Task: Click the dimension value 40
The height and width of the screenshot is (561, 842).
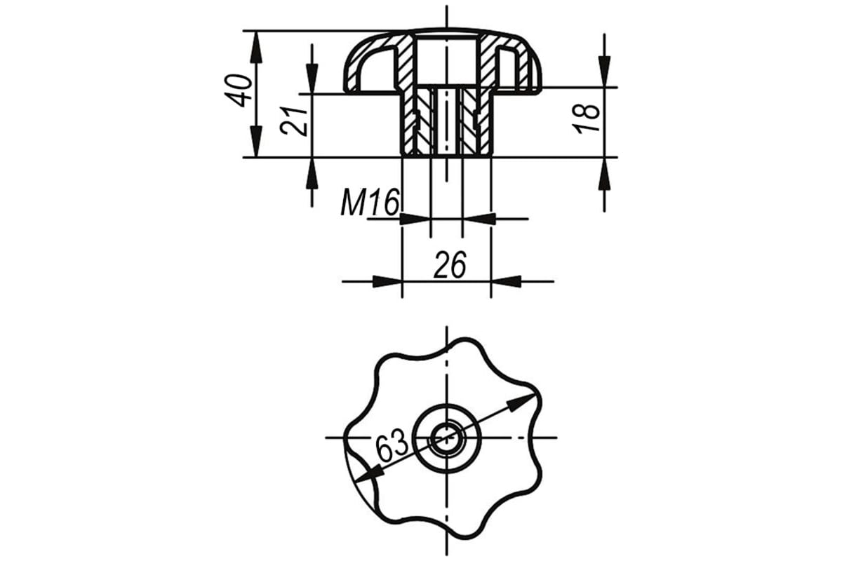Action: tap(239, 91)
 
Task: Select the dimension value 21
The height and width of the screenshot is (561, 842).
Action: tap(293, 121)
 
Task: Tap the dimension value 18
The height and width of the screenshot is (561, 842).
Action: tap(586, 119)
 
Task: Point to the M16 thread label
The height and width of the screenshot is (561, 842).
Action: tap(370, 203)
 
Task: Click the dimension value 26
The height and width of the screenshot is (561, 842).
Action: tap(450, 265)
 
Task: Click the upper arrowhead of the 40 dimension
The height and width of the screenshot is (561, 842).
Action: tap(256, 46)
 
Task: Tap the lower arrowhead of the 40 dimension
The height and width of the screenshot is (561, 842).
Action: tap(256, 141)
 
